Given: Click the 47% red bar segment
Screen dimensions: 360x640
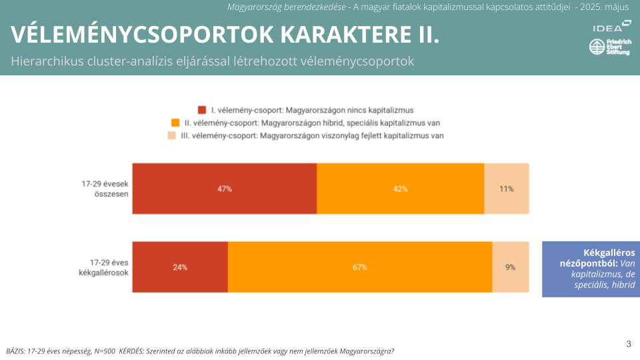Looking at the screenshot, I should click(x=224, y=189).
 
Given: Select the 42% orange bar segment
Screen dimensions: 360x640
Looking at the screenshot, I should click(x=400, y=189).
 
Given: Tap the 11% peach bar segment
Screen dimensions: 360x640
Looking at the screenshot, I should click(x=506, y=189).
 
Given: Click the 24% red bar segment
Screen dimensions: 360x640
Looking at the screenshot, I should click(x=180, y=267).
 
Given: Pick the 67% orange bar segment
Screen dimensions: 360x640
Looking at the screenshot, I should click(x=360, y=267).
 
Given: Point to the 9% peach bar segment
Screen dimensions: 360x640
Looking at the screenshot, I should click(x=510, y=267).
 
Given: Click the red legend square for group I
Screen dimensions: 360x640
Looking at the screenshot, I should click(x=202, y=110).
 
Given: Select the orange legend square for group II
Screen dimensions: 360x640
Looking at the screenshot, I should click(x=175, y=123).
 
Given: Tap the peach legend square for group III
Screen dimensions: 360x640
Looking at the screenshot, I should click(x=171, y=135).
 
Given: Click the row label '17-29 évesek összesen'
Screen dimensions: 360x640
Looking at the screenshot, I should click(x=105, y=189).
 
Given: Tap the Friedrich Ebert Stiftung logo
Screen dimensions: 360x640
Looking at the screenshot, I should click(x=609, y=48).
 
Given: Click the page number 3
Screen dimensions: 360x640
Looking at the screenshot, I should click(x=629, y=344).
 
